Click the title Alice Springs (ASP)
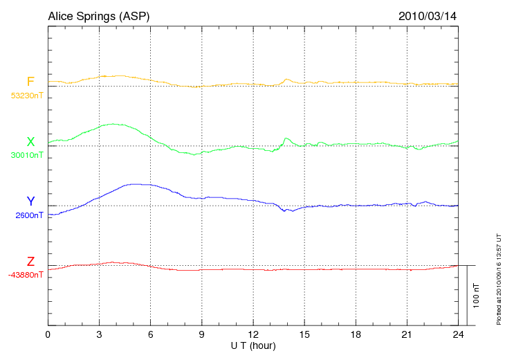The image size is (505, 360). coord(98,15)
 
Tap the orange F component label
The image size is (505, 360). coord(30,82)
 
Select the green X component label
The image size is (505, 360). coord(30,142)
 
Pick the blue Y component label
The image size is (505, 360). coord(30,201)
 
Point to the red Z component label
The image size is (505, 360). coord(30,262)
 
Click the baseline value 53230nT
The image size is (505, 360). coord(26,96)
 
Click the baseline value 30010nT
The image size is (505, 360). coord(26,155)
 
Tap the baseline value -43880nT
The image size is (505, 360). coord(26,275)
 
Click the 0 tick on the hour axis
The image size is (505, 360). coord(48,334)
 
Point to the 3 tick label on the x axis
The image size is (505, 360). coord(99,334)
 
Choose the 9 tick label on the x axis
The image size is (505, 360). coord(202,334)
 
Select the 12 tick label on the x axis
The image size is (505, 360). coord(253,334)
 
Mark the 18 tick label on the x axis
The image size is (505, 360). coord(356,334)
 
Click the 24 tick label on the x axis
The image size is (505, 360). coord(458,334)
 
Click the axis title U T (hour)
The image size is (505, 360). coord(253,345)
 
